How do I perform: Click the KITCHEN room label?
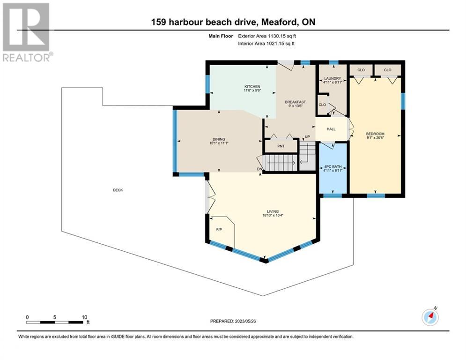(x=252, y=87)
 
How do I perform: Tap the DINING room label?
(x=219, y=139)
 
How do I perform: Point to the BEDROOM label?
(x=375, y=134)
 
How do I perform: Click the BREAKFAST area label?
(x=295, y=102)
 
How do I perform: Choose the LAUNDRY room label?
(x=333, y=79)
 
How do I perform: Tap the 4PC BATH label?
(x=333, y=166)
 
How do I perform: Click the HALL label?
(x=331, y=129)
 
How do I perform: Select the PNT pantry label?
(x=281, y=146)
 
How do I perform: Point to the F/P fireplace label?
(x=219, y=229)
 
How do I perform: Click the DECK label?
(x=118, y=190)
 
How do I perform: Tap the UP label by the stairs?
(x=307, y=137)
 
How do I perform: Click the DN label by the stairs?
(x=260, y=169)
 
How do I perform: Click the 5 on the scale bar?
(x=55, y=317)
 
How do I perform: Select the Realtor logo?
(x=27, y=32)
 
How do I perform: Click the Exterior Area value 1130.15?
(x=277, y=36)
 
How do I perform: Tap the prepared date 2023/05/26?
(x=245, y=321)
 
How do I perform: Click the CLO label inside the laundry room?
(x=322, y=105)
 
